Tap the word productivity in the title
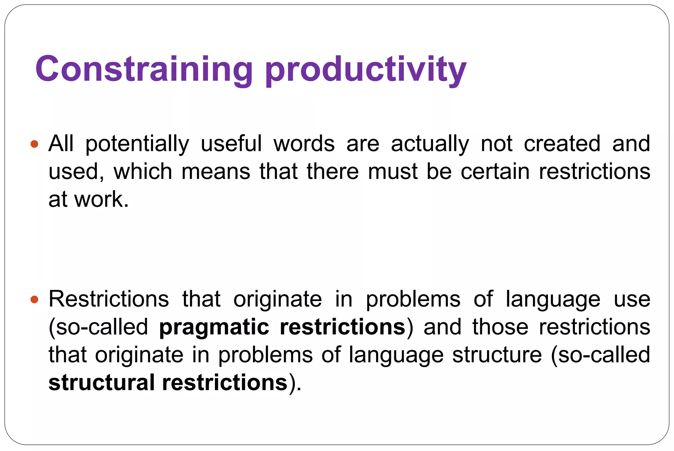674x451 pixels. click(x=366, y=70)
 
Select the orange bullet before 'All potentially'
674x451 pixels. click(x=34, y=144)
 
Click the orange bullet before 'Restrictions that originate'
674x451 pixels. click(x=34, y=299)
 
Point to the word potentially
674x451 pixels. click(x=137, y=144)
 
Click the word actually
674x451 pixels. click(x=430, y=144)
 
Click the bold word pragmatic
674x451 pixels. click(x=214, y=328)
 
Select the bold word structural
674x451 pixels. click(x=101, y=383)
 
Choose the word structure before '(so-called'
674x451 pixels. click(x=497, y=355)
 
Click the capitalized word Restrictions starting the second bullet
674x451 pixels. click(x=109, y=299)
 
